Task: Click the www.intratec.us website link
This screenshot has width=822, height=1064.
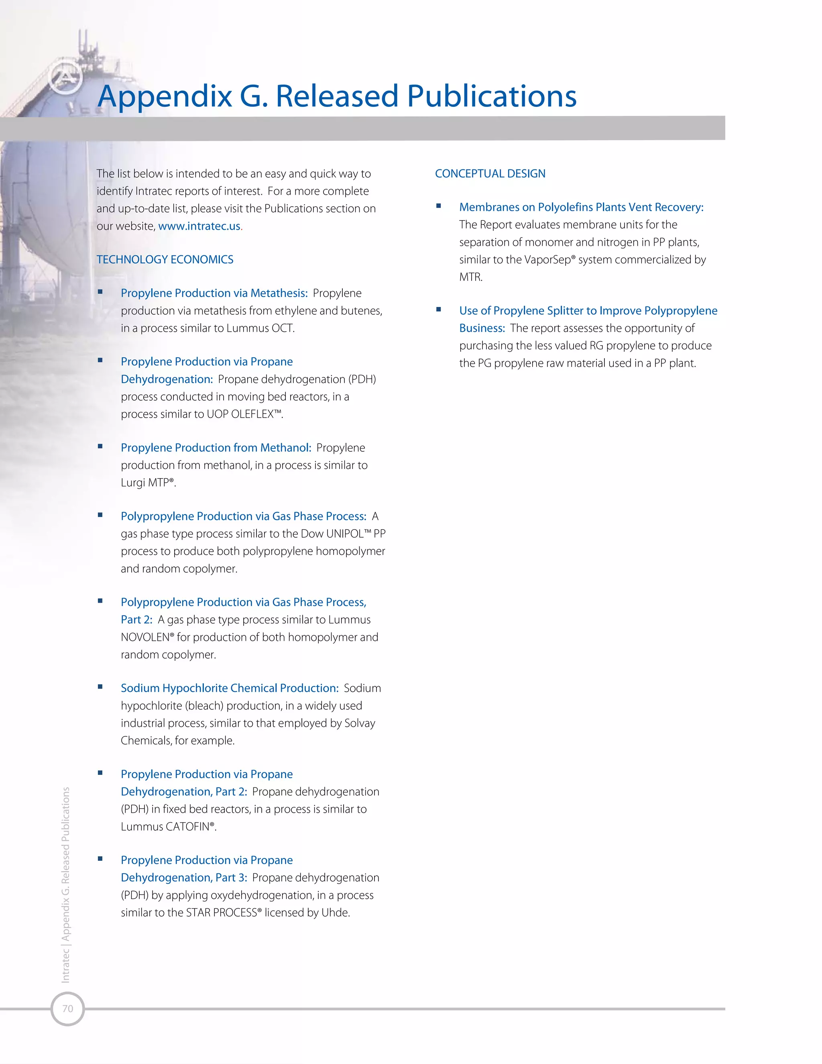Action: tap(199, 226)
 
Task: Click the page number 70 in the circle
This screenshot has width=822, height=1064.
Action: tap(68, 1009)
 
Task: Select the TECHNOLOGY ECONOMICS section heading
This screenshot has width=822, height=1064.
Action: tap(165, 260)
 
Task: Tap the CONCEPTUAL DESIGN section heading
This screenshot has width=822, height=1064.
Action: tap(490, 174)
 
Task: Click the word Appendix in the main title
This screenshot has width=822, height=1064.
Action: tap(165, 96)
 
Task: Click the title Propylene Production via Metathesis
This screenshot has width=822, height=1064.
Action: tap(214, 293)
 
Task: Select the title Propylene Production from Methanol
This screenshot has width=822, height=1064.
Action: tap(216, 448)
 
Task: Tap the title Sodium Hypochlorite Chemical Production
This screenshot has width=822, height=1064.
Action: tap(229, 688)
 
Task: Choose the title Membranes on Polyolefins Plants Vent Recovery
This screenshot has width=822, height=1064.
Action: tap(581, 208)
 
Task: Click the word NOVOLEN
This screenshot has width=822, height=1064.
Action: tap(144, 638)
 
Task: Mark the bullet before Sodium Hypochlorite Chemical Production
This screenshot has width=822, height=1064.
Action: tap(100, 687)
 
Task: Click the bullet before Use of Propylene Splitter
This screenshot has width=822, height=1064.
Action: tap(439, 309)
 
